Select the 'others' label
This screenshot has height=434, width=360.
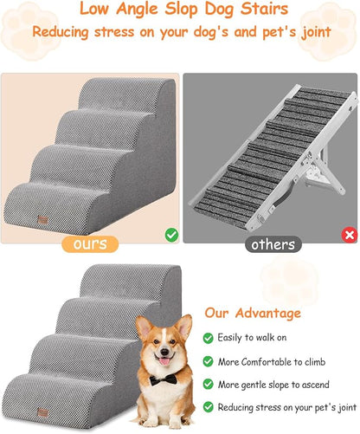coord(273,244)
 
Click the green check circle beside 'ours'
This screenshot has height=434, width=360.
coord(171,234)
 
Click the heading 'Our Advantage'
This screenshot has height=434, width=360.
coord(253,313)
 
